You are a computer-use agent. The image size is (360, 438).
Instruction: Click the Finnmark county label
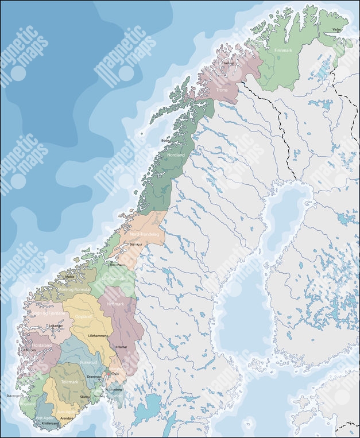pos(284,51)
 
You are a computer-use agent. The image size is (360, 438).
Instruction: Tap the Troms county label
pos(222,90)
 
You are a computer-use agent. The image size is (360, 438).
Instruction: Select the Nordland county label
pos(175,156)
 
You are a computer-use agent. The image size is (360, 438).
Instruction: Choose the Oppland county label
pos(83,316)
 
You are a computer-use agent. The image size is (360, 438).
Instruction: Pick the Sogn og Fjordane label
pos(47,313)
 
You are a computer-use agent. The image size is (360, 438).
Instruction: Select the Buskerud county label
pos(88,363)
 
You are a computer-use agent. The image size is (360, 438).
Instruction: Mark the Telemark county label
pos(69,381)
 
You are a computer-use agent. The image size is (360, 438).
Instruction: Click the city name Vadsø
pos(336,29)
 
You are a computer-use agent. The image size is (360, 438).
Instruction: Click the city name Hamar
pos(122,347)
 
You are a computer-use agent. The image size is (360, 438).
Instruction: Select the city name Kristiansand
pos(51,423)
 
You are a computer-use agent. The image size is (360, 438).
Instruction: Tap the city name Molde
pos(71,276)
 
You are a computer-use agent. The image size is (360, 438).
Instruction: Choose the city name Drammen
pos(94,377)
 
